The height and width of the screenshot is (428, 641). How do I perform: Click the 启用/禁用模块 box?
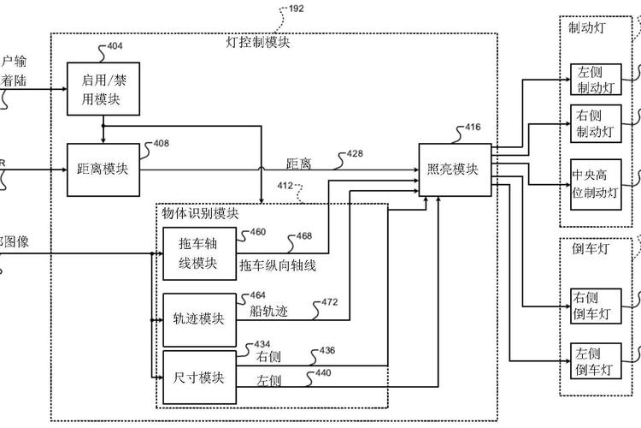click(103, 90)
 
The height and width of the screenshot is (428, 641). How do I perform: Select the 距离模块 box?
click(103, 169)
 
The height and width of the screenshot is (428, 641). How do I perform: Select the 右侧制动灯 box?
click(595, 124)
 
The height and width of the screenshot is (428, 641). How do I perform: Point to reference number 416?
click(472, 128)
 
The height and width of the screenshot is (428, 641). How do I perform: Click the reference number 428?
click(354, 154)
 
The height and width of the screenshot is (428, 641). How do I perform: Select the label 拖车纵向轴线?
click(279, 266)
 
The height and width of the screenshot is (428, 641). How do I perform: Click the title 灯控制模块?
click(257, 42)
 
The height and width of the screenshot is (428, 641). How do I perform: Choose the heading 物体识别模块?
click(201, 213)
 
